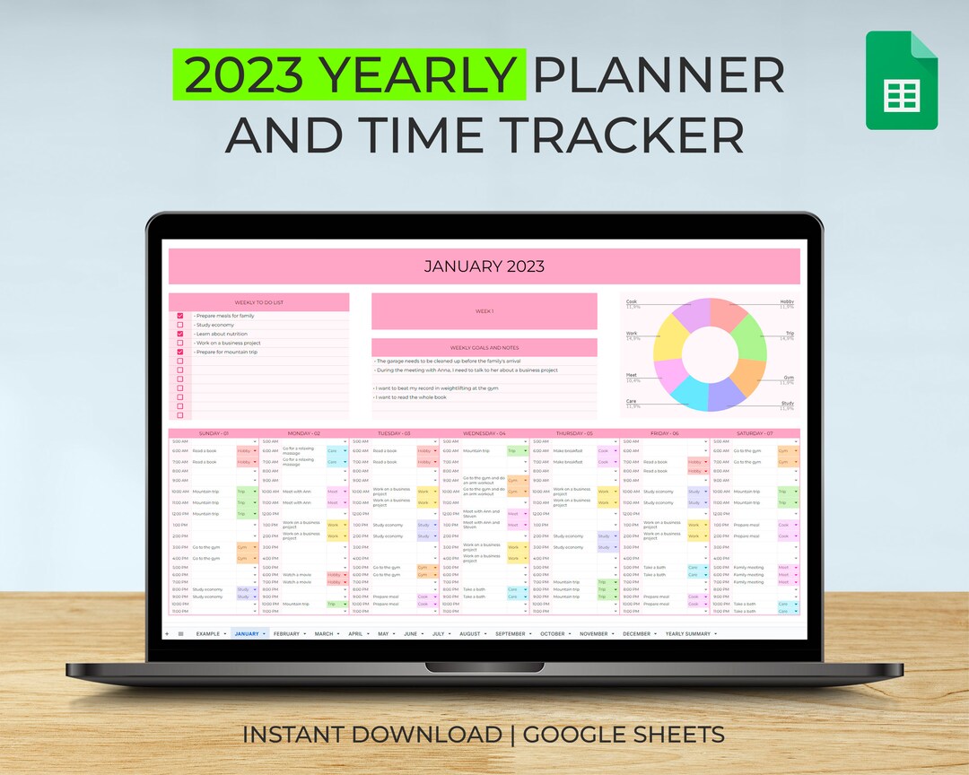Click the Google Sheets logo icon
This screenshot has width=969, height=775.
tap(901, 81)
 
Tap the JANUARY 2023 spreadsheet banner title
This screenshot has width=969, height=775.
tap(484, 266)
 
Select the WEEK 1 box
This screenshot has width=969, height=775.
tap(484, 311)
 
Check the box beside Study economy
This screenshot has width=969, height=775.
tap(180, 325)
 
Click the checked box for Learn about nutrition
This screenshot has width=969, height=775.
tap(180, 334)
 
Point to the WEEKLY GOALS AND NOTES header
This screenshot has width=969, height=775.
tap(484, 347)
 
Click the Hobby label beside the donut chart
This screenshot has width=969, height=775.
tap(786, 302)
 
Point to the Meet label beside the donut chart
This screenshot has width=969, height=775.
tap(632, 375)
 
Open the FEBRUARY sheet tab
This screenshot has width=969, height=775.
tap(287, 634)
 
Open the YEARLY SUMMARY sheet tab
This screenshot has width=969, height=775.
tap(687, 634)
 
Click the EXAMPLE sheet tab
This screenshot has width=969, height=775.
tap(207, 634)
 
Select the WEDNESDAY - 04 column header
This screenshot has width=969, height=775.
tap(484, 433)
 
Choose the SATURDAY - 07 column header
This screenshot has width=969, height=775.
tap(754, 433)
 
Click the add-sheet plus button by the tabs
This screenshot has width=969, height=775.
tap(166, 634)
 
